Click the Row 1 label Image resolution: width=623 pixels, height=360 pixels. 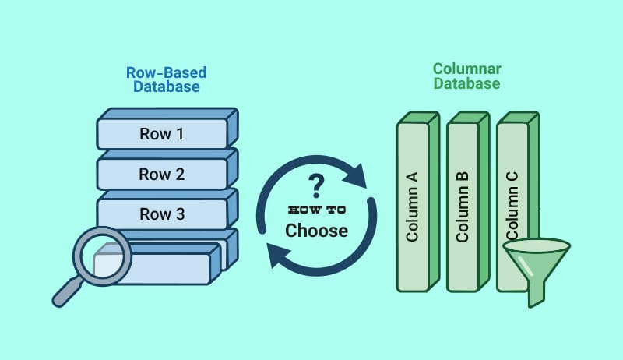point(162,134)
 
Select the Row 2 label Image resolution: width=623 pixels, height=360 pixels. point(162,174)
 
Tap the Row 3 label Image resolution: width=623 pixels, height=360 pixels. point(162,214)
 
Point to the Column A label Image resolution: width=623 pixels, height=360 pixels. point(412,206)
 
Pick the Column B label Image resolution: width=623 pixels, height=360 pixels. point(462,207)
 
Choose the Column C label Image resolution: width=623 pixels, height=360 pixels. point(512,206)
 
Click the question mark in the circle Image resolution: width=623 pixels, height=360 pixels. point(316,186)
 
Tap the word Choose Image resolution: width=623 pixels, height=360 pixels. point(317,231)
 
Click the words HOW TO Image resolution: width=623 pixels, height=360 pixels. point(317,210)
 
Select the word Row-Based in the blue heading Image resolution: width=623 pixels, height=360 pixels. point(166,72)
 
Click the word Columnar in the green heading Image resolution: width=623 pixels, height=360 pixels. point(466,69)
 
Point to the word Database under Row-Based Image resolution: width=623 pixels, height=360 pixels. point(167,86)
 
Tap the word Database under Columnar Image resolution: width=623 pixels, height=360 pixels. point(466,83)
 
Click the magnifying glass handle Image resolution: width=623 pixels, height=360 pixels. point(67,292)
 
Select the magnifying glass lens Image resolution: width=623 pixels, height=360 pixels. point(103,256)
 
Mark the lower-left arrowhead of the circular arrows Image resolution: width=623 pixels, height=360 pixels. point(279,256)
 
